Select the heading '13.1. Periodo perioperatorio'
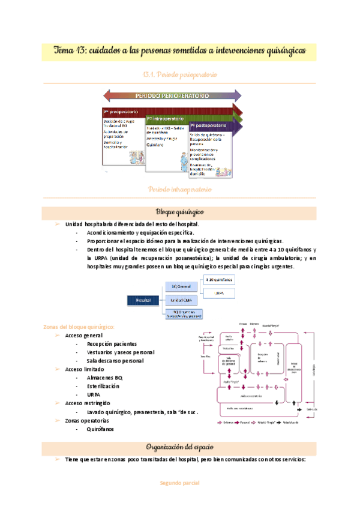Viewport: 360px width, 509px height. pos(180,74)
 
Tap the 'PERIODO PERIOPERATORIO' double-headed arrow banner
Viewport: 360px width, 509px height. pos(172,95)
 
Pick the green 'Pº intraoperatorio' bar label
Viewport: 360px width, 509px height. pos(166,119)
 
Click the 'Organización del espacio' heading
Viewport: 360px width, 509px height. pos(180,447)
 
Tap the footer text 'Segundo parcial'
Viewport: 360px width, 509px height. pos(179,483)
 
